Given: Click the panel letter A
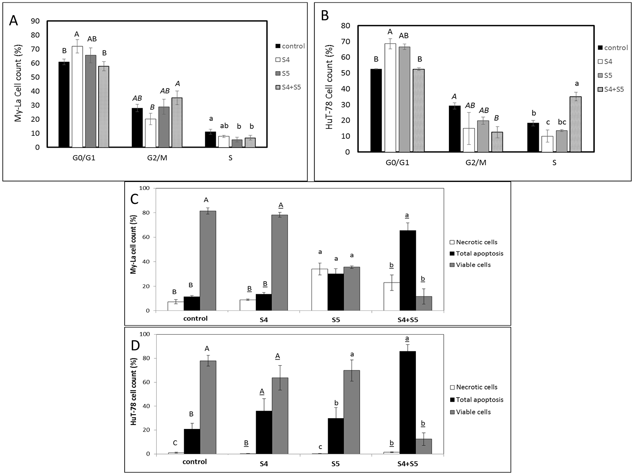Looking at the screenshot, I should (14, 21).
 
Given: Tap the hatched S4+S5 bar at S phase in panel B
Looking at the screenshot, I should (575, 124).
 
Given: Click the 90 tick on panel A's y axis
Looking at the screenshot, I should (35, 21).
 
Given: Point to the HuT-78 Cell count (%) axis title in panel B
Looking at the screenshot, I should (329, 87).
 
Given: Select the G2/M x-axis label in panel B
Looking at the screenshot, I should (475, 163).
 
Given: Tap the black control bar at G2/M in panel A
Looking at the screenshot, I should (137, 127).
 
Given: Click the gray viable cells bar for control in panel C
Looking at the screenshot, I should (208, 261).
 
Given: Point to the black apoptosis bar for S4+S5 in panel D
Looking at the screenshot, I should (407, 402).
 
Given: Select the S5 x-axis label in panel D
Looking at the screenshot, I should (336, 464).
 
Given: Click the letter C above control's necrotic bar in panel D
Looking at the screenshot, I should (175, 443).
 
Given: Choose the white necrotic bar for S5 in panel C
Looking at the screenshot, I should (320, 290).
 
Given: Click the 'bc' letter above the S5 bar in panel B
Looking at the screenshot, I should (562, 122).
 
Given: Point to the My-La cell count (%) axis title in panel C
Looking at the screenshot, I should (133, 244).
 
